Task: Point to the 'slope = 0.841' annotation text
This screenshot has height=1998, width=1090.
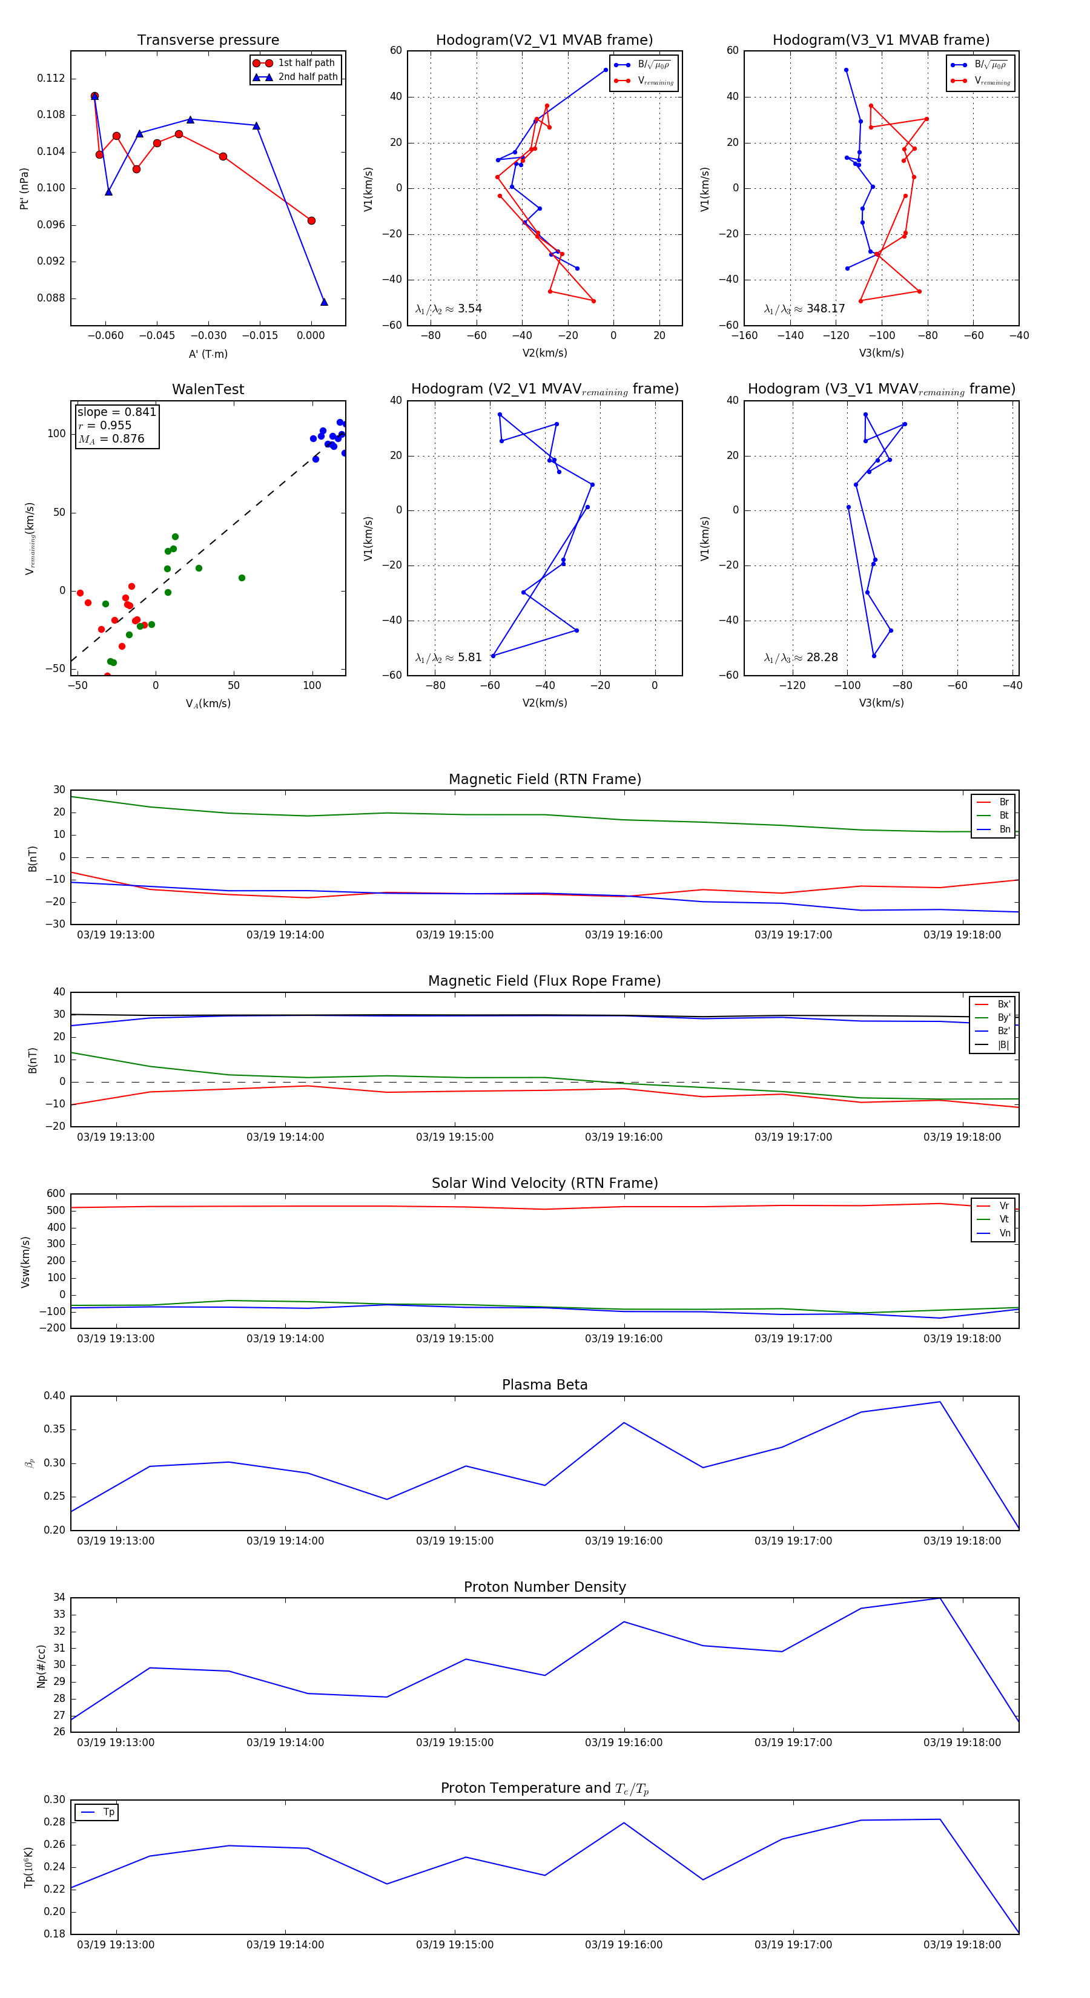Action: (116, 412)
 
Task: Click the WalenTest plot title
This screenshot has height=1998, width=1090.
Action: (208, 389)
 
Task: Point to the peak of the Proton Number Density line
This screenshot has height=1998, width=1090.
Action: (939, 1598)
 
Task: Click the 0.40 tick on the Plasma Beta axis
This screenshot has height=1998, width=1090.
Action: (54, 1396)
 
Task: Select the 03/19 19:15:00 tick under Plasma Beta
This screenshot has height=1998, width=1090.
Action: (455, 1540)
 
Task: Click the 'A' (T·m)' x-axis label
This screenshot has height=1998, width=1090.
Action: (208, 354)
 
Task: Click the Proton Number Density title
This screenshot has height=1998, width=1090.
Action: (544, 1587)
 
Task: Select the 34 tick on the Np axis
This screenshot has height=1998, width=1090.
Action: (59, 1597)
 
